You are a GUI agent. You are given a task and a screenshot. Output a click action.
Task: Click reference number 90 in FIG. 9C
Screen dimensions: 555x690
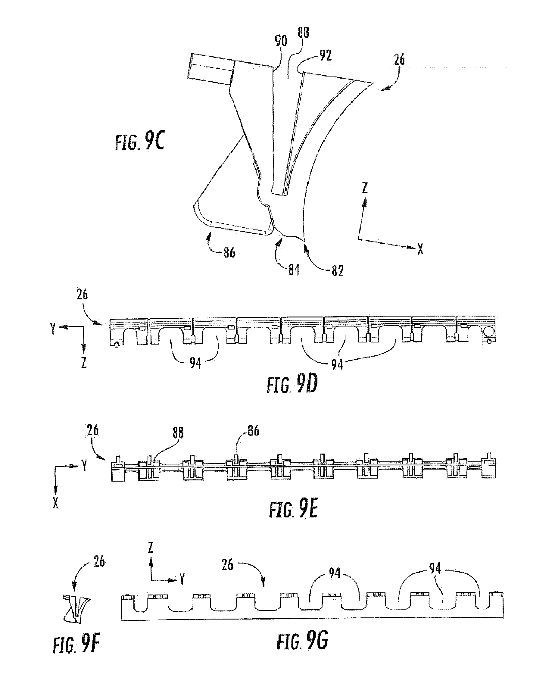281,41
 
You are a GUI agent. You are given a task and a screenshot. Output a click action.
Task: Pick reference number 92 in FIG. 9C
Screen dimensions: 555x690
325,56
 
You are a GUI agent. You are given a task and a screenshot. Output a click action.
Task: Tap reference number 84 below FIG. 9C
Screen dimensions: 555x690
294,270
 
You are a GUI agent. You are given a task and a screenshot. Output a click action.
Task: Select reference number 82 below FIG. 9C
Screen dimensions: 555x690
337,271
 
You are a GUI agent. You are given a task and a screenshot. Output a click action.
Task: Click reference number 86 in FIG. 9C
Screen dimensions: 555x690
229,252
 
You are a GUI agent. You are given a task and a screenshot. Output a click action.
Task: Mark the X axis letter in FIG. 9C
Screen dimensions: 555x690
420,249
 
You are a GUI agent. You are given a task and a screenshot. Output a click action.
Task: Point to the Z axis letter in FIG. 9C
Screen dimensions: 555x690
365,188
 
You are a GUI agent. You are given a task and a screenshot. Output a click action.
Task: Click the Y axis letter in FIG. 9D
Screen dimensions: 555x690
53,328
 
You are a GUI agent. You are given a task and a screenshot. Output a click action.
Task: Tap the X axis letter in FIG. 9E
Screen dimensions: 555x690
56,504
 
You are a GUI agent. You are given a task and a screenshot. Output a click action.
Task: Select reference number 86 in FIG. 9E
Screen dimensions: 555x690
253,431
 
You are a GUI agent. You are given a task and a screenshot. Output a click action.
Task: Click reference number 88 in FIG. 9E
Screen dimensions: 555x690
178,433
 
